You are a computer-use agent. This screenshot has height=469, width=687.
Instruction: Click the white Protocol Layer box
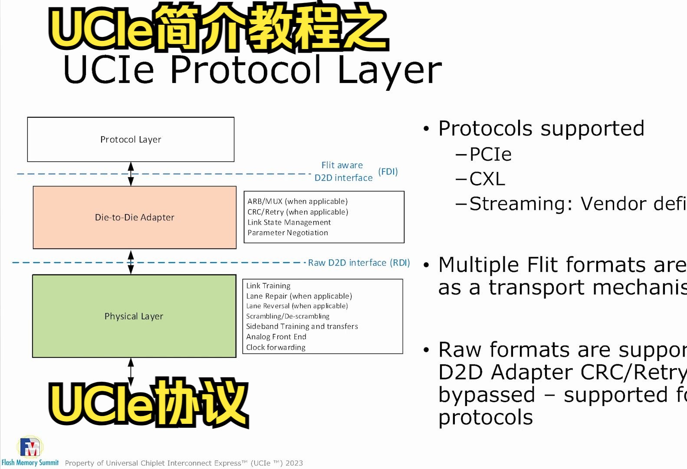point(131,139)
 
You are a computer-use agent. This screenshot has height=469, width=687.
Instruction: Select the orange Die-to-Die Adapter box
point(135,217)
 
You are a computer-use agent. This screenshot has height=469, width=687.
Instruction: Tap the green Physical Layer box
point(134,316)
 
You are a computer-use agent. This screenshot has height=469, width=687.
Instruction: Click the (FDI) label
point(388,172)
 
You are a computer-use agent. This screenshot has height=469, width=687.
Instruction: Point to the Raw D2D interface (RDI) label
point(358,263)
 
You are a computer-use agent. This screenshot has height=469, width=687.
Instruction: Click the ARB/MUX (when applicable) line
point(297,201)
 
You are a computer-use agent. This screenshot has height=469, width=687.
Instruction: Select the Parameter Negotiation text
point(288,233)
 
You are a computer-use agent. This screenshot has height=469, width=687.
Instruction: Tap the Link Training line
point(268,286)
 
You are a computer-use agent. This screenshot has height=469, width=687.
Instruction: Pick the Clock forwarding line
point(276,347)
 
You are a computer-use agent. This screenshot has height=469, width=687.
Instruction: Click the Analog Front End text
point(276,337)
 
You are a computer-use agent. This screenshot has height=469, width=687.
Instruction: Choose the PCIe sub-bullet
point(490,155)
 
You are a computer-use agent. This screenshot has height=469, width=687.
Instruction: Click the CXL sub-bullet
point(487,179)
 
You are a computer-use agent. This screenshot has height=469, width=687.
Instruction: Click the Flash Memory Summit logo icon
point(30,447)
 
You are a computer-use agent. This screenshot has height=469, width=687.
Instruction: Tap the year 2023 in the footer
point(294,463)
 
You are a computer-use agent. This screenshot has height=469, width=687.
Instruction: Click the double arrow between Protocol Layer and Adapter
point(131,174)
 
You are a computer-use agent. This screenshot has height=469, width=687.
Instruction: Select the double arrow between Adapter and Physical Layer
point(131,262)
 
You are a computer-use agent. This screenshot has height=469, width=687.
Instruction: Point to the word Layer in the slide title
point(389,71)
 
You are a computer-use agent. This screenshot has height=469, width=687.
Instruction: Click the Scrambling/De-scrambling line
point(287,317)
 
